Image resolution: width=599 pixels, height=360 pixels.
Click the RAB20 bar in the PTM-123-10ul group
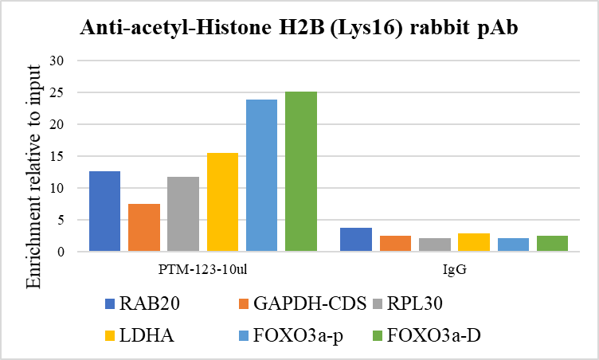(104, 211)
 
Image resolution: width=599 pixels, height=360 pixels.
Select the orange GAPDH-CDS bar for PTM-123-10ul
(144, 228)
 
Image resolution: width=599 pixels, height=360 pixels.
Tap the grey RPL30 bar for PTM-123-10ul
(183, 214)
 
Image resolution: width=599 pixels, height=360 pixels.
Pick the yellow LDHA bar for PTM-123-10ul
(222, 202)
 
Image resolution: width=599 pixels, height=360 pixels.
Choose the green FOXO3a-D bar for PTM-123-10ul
(301, 171)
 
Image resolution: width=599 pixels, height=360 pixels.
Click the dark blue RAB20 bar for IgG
(356, 240)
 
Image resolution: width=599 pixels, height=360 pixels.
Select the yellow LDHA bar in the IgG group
(474, 242)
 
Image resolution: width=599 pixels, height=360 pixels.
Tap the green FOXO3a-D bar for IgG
(552, 244)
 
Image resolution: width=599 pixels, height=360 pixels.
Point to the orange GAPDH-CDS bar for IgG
(395, 244)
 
